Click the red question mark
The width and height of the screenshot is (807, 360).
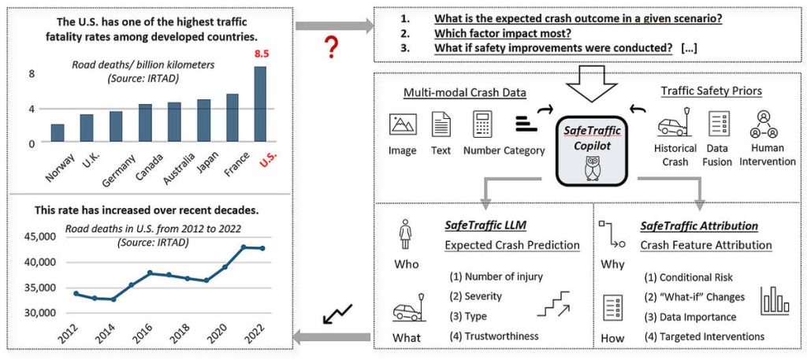(x=333, y=48)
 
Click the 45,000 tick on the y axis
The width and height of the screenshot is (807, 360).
(x=40, y=236)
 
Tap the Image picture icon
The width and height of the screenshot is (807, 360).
(x=403, y=124)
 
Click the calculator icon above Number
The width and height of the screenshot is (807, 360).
(x=482, y=124)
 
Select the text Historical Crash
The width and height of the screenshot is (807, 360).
(x=675, y=155)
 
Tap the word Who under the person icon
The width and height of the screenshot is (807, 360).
(x=407, y=264)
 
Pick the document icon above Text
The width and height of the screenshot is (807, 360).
(x=441, y=124)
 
